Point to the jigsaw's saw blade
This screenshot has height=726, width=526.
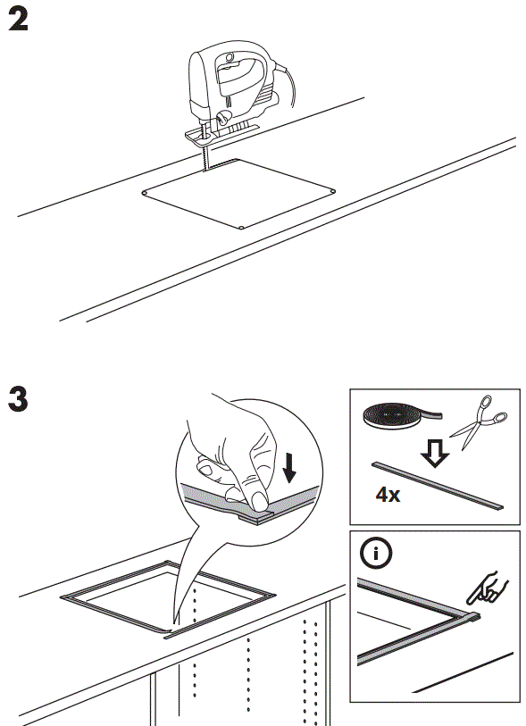[x=206, y=157]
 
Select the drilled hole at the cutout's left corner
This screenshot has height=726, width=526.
[x=144, y=192]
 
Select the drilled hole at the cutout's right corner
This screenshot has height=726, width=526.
[x=333, y=189]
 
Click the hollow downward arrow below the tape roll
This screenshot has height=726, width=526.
[x=435, y=455]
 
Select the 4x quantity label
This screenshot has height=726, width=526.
[x=387, y=494]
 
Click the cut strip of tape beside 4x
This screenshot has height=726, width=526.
[x=438, y=484]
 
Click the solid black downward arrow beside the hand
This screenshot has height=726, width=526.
[x=288, y=463]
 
